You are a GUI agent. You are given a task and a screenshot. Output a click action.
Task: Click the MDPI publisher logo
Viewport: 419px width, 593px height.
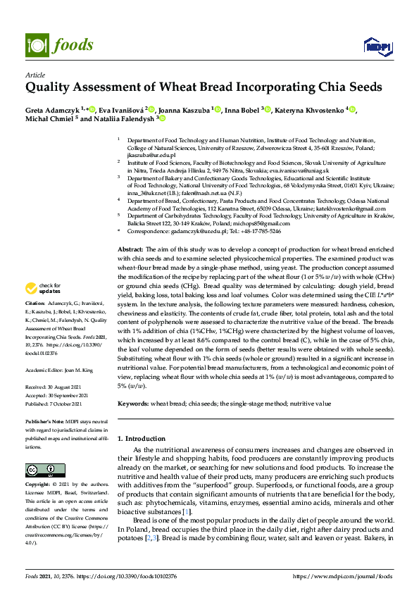click(x=375, y=46)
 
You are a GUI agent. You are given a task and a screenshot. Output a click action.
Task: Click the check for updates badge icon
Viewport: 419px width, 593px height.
click(x=30, y=287)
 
